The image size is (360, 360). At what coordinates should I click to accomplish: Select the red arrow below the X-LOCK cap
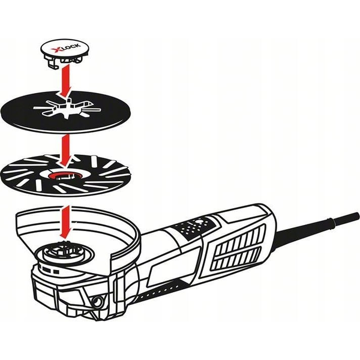[65, 80]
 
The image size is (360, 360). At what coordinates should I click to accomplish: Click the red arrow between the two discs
[65, 151]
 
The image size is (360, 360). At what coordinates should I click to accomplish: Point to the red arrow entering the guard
[65, 223]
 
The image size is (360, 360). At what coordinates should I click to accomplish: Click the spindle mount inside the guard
[64, 251]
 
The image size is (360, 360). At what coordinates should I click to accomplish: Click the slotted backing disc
[66, 176]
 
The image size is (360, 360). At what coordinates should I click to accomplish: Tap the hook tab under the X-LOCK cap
[53, 64]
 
